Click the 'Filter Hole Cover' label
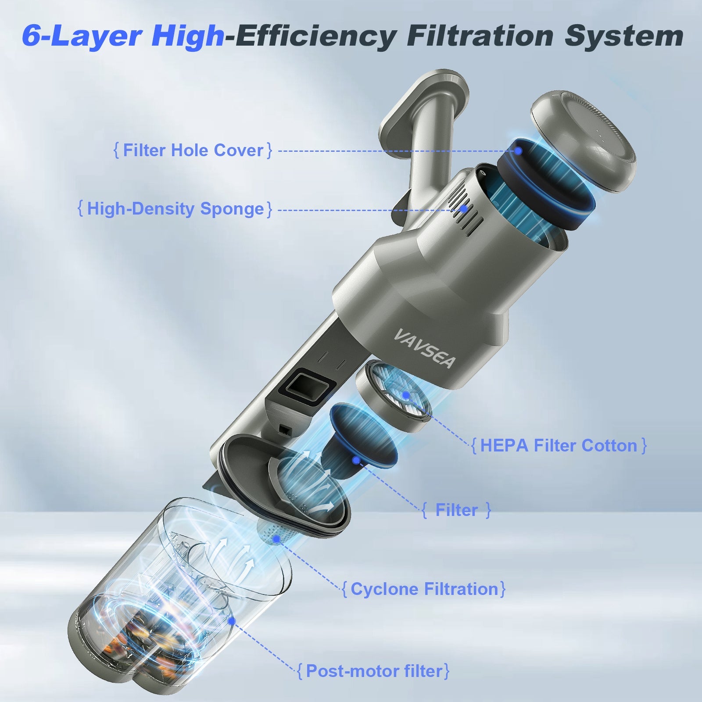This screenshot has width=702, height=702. coord(193,150)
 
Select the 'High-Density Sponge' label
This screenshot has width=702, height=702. coord(175,209)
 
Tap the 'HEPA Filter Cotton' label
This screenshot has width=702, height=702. coord(559,446)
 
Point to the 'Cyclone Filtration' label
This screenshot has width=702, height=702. coord(424,589)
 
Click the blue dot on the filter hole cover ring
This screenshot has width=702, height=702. coord(519,151)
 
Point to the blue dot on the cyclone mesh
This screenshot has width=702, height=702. coord(276,538)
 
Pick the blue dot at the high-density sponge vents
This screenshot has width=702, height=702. coord(463,209)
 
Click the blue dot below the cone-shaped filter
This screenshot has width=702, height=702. coord(357,460)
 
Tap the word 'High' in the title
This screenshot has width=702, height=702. coord(188,36)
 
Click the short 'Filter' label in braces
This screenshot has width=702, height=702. coord(456,510)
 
